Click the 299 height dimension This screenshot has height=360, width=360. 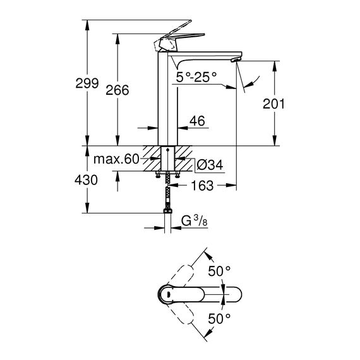click(87, 83)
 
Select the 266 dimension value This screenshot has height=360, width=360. click(117, 90)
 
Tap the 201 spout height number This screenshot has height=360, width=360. click(273, 104)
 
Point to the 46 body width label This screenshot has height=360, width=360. click(197, 121)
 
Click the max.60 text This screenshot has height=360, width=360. click(116, 159)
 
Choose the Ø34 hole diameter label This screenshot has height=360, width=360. click(210, 165)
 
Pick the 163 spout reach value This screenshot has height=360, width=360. click(202, 186)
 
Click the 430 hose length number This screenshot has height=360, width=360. click(86, 180)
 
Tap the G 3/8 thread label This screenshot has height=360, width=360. click(195, 221)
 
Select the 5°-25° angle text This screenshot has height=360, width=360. click(196, 77)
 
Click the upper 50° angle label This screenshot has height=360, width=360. click(219, 271)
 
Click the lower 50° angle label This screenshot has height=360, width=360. click(219, 319)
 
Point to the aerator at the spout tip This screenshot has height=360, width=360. click(236, 60)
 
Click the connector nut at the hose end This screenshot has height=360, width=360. click(168, 210)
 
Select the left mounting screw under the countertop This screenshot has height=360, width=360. click(158, 174)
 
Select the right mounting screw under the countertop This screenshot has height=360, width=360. click(177, 174)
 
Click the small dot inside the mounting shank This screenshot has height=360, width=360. click(168, 150)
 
